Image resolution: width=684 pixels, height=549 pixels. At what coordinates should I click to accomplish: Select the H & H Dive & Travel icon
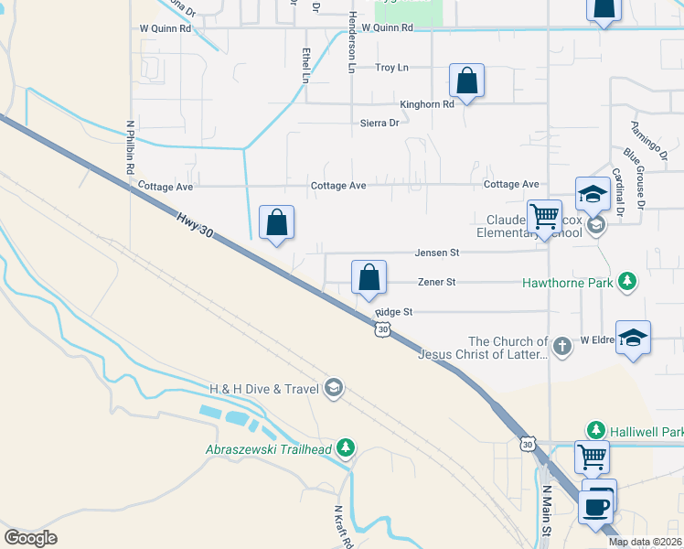pos(334,390)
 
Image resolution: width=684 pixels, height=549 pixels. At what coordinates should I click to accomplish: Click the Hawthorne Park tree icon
pos(627,282)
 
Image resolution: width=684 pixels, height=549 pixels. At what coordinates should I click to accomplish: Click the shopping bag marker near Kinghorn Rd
pos(466,81)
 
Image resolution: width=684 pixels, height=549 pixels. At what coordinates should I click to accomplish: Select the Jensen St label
pos(436,252)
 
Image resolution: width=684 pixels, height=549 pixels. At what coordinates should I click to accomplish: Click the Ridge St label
pos(394,312)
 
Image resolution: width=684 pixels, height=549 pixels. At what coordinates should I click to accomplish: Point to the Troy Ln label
pos(392,68)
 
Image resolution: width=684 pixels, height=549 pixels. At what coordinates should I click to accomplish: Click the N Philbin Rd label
pos(131,146)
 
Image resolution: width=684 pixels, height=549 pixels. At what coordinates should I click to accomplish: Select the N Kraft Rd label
pos(343,525)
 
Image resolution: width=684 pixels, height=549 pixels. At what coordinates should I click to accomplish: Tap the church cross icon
pos(561,346)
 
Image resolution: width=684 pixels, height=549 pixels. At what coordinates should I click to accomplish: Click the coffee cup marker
pos(595,505)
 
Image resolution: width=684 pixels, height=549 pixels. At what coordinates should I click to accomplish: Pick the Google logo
pos(30,537)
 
